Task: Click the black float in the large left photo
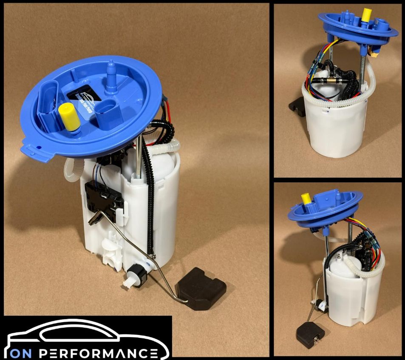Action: pos(201,286)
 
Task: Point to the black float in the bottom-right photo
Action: pos(310,334)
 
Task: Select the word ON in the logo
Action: pos(22,353)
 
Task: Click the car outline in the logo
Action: pos(85,334)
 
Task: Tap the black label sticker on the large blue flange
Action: pos(82,98)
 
